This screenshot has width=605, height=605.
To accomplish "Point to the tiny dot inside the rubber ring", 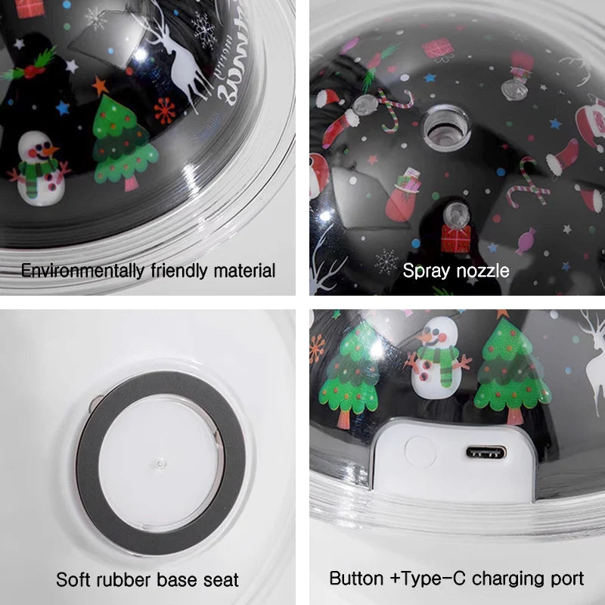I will point(160,461).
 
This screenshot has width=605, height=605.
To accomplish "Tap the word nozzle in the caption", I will point(482,270).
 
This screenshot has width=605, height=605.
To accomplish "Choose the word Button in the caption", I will point(356,579).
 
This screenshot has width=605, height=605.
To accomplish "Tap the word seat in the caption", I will point(220,580).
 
